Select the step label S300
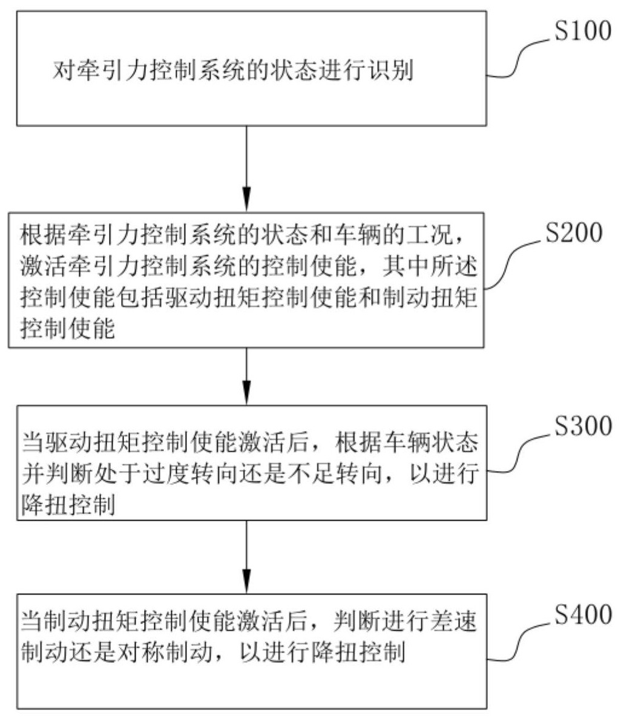coord(583,427)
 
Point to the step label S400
coord(583,616)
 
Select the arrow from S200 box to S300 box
coord(246,375)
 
